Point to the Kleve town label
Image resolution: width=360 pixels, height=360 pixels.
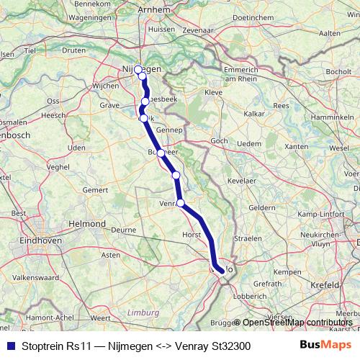point(214,92)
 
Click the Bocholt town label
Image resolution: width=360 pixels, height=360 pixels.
point(338,73)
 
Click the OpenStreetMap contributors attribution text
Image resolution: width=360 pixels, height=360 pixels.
point(297,323)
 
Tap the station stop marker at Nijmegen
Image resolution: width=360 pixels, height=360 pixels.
point(138,70)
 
